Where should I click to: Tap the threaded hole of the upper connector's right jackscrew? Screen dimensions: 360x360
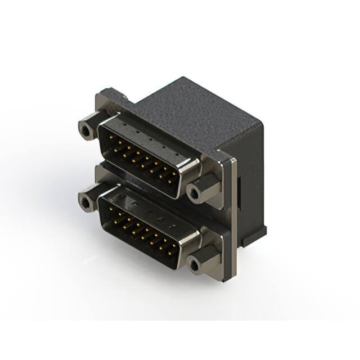tap(194, 193)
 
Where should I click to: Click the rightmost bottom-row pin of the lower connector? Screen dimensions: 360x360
tap(169, 247)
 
